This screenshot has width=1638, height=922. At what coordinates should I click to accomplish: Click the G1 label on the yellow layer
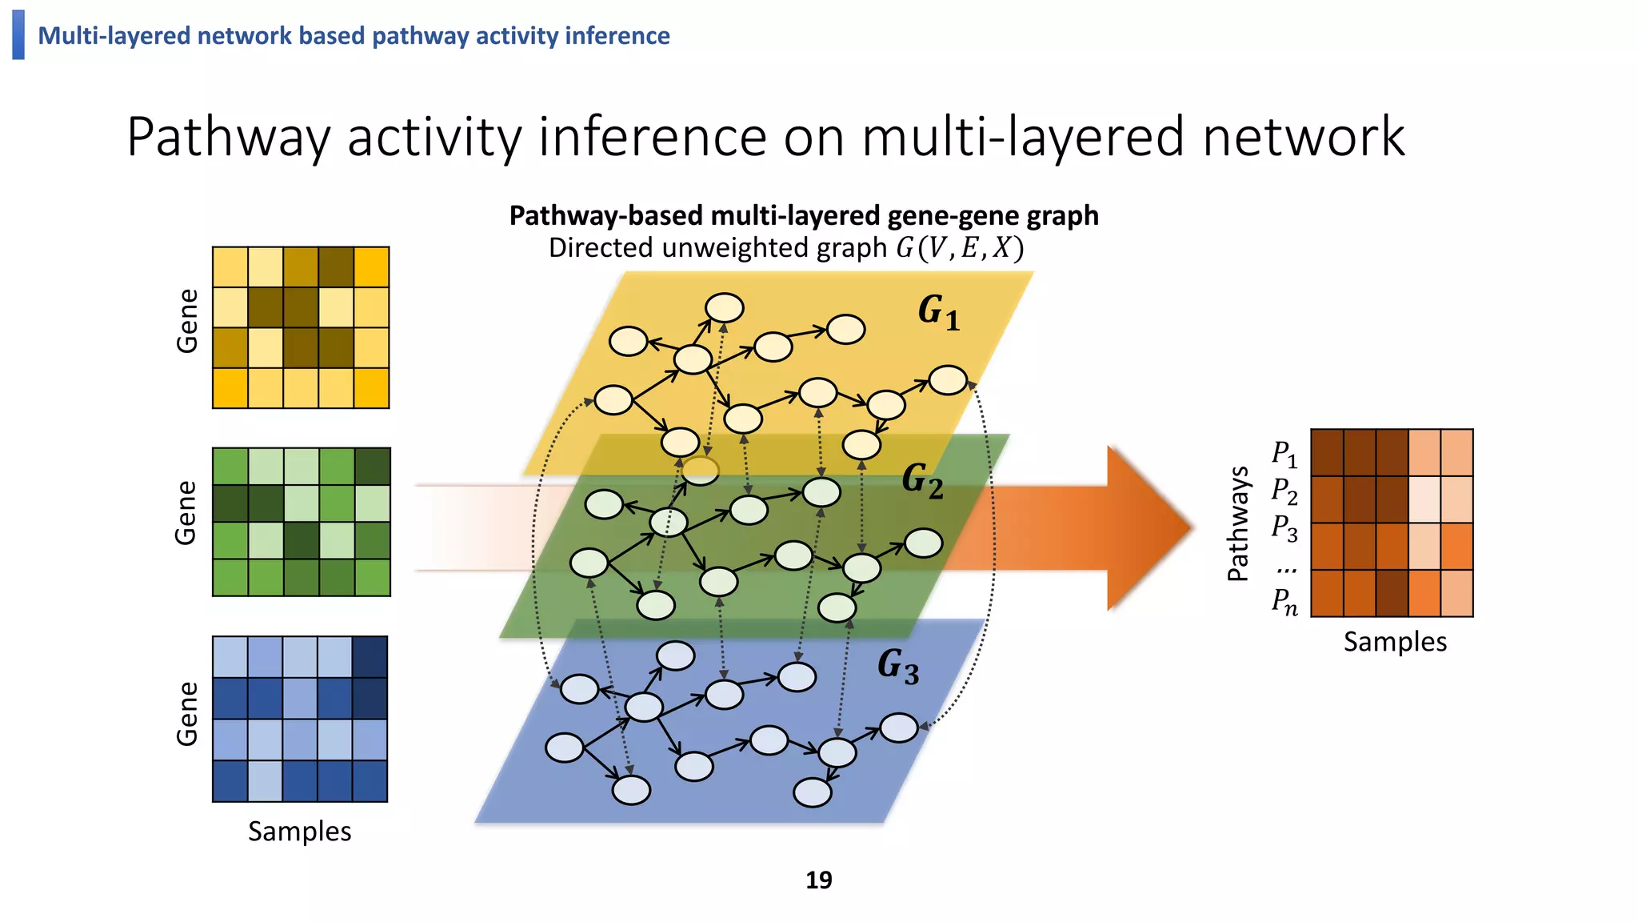[938, 312]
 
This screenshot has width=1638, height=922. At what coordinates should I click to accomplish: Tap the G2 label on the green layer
[922, 481]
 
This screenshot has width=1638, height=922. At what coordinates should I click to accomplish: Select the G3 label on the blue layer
[897, 666]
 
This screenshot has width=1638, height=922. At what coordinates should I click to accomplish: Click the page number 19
[818, 880]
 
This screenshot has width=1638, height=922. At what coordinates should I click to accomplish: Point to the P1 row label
[1284, 454]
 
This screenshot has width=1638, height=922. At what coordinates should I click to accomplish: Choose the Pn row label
[1284, 600]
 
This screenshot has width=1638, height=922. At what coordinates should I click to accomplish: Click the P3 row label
[1284, 528]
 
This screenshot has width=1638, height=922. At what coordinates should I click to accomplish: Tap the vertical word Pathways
[1238, 523]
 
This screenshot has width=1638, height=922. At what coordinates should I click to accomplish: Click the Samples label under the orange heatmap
[1395, 642]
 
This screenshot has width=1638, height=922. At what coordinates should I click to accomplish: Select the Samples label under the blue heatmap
[299, 832]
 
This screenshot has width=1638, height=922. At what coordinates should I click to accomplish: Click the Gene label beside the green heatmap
[186, 513]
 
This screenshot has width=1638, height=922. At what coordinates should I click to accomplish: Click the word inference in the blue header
[617, 36]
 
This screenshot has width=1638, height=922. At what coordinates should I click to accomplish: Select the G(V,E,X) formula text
[959, 248]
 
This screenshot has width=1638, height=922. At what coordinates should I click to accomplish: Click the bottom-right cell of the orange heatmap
[1456, 593]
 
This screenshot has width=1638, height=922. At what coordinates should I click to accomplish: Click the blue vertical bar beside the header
[18, 34]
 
